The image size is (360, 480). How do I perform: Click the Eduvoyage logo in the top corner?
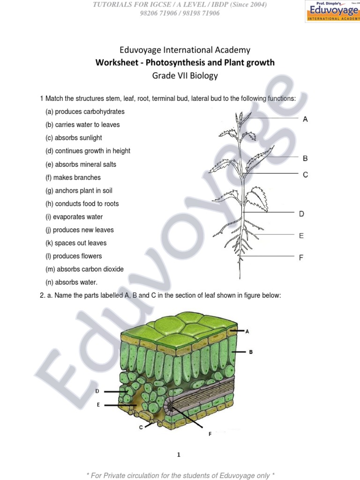pos(332,11)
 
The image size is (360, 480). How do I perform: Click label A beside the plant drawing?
pos(305,120)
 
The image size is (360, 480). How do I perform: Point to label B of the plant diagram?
pos(305,158)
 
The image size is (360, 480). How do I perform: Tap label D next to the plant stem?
pos(301,214)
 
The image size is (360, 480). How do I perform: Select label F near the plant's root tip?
pos(301,257)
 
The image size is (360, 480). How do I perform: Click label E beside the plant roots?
pos(301,236)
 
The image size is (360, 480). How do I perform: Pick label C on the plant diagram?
pos(305,175)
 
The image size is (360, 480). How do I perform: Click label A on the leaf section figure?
pos(247,331)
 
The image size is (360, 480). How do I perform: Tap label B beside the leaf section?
pos(251,352)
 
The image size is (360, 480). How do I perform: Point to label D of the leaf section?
pos(97,391)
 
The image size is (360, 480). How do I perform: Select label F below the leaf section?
pos(210,434)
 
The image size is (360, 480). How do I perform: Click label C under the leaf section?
pos(141,427)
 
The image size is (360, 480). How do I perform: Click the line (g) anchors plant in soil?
pos(79,191)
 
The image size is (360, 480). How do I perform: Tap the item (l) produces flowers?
pos(73,256)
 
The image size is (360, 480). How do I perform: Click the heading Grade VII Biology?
pos(184,75)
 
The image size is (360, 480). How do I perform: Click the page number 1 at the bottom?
pos(179,455)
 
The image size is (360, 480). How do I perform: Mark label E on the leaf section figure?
pos(98,404)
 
